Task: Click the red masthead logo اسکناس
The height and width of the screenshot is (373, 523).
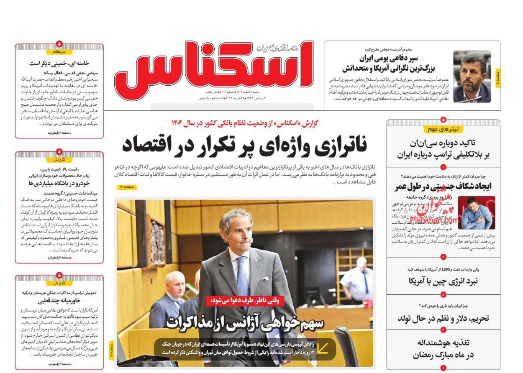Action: click(x=213, y=67)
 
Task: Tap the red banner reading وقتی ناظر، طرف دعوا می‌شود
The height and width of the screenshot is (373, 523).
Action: click(x=245, y=300)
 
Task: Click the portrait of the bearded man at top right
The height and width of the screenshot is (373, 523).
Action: click(x=472, y=77)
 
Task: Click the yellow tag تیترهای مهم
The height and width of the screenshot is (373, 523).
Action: click(x=443, y=129)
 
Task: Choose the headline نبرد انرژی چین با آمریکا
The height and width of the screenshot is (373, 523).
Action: click(x=443, y=281)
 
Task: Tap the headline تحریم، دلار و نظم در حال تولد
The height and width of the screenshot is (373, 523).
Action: click(x=443, y=319)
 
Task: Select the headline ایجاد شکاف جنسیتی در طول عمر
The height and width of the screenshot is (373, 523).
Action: click(x=443, y=186)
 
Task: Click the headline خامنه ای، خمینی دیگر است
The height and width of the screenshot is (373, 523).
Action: click(x=59, y=64)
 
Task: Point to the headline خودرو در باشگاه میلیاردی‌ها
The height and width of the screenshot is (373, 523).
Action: click(x=59, y=183)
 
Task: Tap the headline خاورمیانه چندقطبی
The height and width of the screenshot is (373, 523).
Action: click(x=59, y=301)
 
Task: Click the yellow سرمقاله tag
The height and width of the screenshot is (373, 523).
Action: click(x=59, y=52)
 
